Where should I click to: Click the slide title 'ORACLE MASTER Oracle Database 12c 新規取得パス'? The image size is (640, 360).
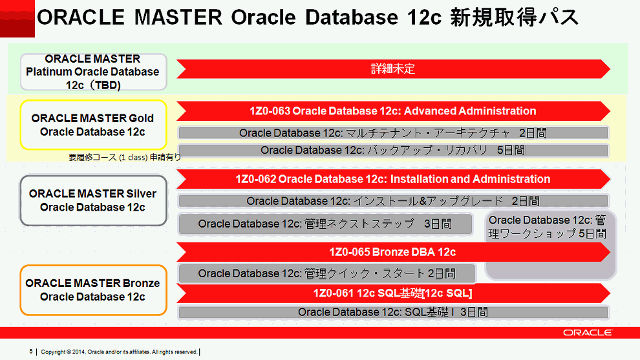click(x=307, y=18)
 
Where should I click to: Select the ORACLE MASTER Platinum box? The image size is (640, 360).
click(x=93, y=72)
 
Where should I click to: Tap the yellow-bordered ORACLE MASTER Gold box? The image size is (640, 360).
click(x=93, y=125)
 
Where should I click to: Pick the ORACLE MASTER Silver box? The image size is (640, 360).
click(x=93, y=200)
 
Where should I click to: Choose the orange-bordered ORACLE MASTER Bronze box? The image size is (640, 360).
click(x=93, y=290)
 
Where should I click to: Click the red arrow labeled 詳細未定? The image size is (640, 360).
click(x=392, y=69)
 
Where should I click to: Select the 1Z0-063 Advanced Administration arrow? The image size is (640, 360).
click(x=392, y=111)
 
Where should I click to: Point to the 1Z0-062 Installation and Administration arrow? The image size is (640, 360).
click(x=392, y=179)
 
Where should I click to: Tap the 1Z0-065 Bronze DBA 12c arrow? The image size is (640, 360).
click(x=392, y=252)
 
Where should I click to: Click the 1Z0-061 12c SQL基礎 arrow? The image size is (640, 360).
click(x=392, y=293)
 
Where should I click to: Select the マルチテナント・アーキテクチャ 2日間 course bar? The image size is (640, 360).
click(x=392, y=133)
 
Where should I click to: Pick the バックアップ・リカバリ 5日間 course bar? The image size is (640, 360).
click(x=392, y=151)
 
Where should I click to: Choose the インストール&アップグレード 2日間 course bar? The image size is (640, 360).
click(x=392, y=201)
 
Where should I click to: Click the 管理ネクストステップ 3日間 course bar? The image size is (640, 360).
click(x=325, y=224)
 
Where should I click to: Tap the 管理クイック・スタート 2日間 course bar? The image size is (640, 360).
click(x=326, y=273)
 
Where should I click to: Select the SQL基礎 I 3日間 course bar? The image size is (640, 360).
click(x=392, y=312)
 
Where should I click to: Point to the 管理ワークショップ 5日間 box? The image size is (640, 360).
click(x=548, y=227)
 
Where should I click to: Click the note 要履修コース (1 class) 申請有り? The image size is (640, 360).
click(x=124, y=157)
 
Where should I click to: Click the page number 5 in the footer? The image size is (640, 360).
click(x=30, y=352)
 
